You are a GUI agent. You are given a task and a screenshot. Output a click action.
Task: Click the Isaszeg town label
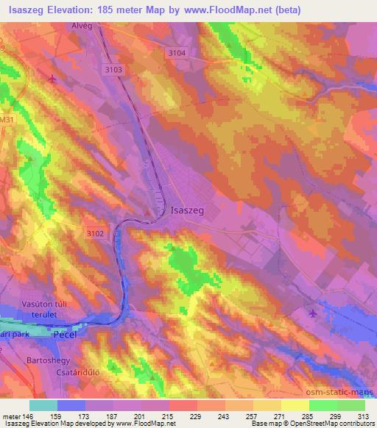[x=186, y=210]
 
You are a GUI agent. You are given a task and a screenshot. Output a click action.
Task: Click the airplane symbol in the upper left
[x=52, y=78]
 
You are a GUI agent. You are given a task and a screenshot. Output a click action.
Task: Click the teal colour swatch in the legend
[x=43, y=405]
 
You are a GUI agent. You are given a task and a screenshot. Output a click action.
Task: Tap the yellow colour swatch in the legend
[x=295, y=405]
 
